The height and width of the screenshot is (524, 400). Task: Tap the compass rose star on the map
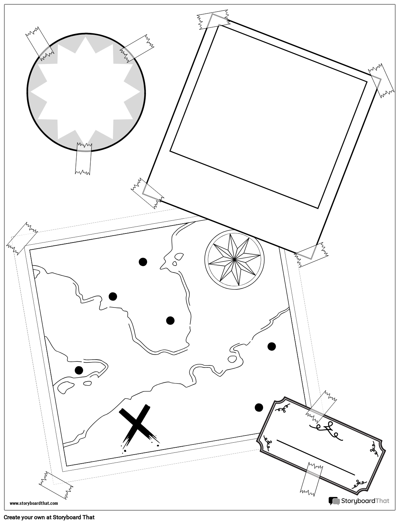click(x=235, y=259)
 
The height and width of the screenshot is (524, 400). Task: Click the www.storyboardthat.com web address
click(x=34, y=503)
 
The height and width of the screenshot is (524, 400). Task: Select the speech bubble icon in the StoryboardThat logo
click(x=334, y=501)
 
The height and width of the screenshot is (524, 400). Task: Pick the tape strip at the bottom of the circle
click(x=83, y=159)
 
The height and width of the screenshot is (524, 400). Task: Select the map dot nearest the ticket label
click(x=259, y=408)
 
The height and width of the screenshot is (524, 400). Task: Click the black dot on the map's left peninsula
click(x=79, y=370)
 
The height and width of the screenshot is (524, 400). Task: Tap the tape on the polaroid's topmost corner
click(x=213, y=20)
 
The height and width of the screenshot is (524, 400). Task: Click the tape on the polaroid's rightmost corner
click(x=381, y=81)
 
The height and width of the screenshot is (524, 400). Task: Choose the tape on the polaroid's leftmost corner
click(x=147, y=193)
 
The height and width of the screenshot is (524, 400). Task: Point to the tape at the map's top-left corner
click(x=22, y=238)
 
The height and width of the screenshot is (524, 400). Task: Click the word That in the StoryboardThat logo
click(x=382, y=501)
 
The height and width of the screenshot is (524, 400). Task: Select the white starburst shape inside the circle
click(x=85, y=92)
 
